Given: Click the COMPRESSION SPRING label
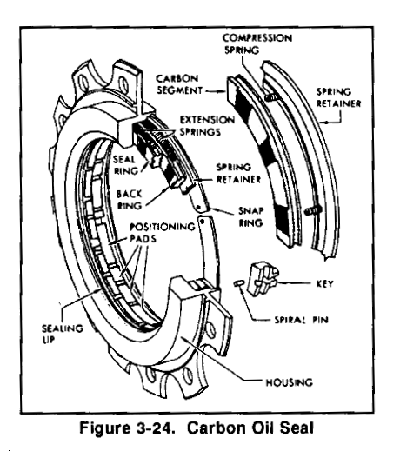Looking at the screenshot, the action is [257, 43].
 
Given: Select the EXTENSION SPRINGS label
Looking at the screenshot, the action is [207, 126].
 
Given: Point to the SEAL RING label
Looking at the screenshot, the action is [125, 165].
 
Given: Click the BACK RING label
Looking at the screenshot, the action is [129, 200].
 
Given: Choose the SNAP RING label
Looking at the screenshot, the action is [250, 216].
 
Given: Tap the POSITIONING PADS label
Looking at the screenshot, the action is [163, 232].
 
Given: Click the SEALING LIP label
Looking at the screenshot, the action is [63, 334].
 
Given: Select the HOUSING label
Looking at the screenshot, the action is [290, 382].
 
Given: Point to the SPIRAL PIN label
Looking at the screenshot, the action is [301, 320].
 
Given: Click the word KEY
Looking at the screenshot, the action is [325, 283].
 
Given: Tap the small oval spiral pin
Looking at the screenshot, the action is [239, 283].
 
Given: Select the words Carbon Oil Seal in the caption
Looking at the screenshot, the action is [250, 428].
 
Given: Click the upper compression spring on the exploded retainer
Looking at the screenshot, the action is [270, 97].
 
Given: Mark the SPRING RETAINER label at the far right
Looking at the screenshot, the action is [338, 97].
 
